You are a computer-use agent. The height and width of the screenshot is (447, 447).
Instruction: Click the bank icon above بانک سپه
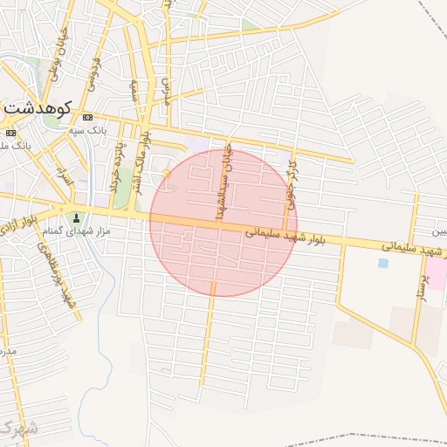pyautogui.click(x=87, y=118)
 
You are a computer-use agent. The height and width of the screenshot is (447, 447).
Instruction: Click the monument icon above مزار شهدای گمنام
pyautogui.click(x=76, y=217)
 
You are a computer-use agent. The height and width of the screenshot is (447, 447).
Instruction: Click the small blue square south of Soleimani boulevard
pyautogui.click(x=383, y=263)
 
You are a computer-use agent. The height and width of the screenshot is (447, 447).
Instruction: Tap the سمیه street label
pyautogui.click(x=134, y=93)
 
